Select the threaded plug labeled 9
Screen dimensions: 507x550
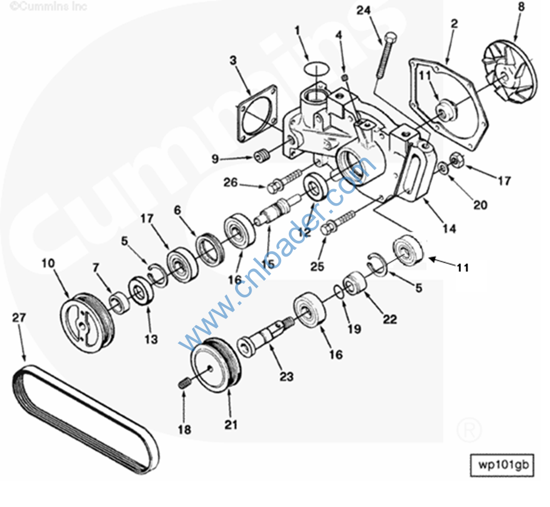coord(262,156)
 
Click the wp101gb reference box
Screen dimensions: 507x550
coord(503,465)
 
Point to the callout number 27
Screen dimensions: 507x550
coord(20,317)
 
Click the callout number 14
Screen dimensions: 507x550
coord(449,229)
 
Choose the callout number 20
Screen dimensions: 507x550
coord(480,205)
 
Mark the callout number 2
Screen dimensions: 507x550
coord(454,24)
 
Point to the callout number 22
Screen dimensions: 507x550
coord(390,319)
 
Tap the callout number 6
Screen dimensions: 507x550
coord(177,209)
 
